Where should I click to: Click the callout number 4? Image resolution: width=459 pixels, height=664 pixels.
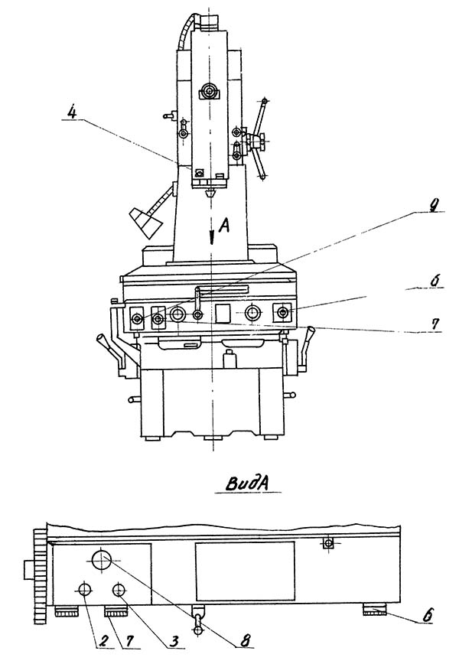click(73, 112)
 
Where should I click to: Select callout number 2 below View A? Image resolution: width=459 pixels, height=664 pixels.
click(103, 641)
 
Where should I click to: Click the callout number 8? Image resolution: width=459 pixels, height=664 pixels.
click(244, 640)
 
